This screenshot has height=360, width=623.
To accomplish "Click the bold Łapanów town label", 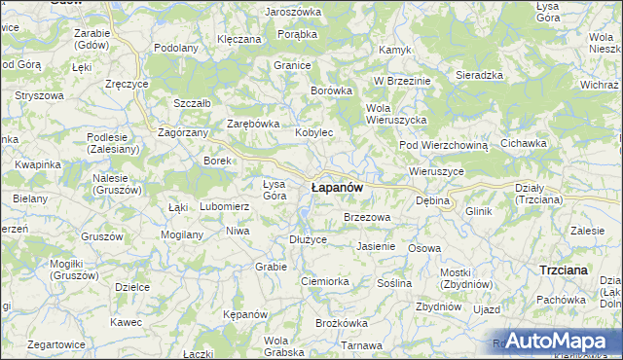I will pos(337,186).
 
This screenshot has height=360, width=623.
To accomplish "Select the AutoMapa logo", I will pos(557,341).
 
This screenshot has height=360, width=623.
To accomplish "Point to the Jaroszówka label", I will pos(292,12).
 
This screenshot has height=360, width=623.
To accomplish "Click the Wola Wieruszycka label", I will pos(396,113).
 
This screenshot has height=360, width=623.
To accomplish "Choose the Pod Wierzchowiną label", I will pos(443,145).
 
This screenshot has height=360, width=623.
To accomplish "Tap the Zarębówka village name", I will pos(253,125).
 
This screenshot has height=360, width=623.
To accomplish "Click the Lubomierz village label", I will pos(225,207).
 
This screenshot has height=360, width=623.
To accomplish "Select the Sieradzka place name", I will pos(479,75).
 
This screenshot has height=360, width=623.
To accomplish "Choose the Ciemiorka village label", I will pos(325,281).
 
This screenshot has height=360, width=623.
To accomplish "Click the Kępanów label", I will pos(244,315).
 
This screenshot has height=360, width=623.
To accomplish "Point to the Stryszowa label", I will pos(39,97).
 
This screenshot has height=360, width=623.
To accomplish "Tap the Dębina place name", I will pos(433,200).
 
